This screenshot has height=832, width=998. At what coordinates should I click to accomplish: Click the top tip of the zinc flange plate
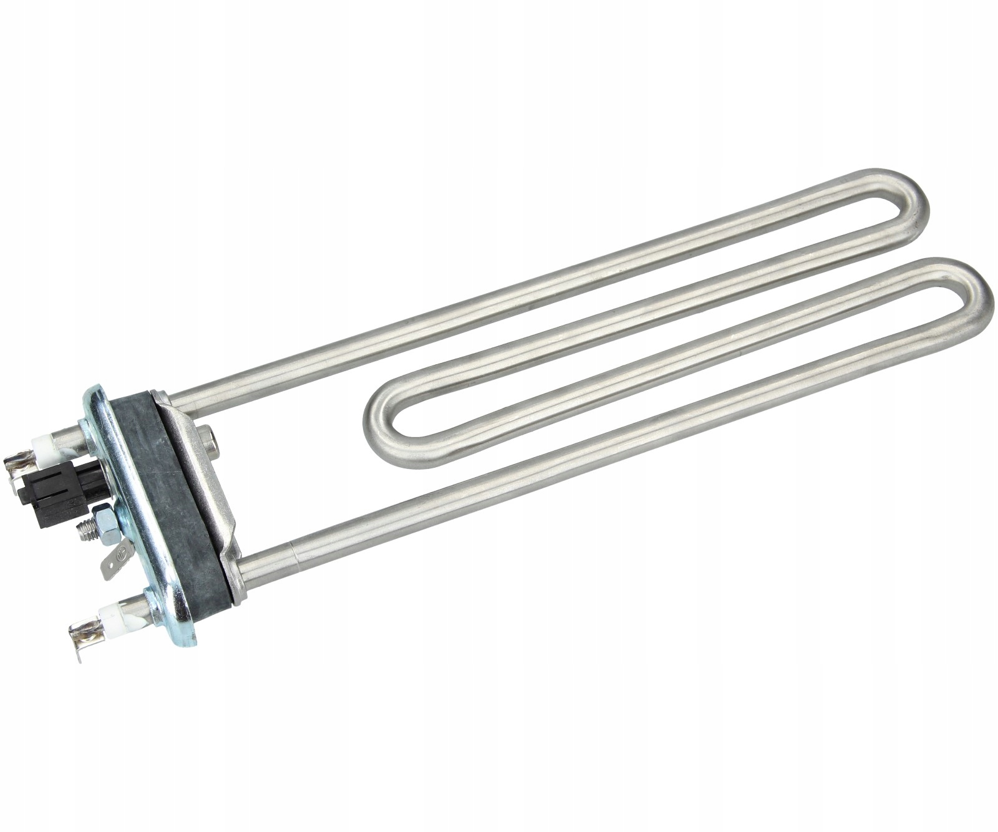(100, 390)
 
